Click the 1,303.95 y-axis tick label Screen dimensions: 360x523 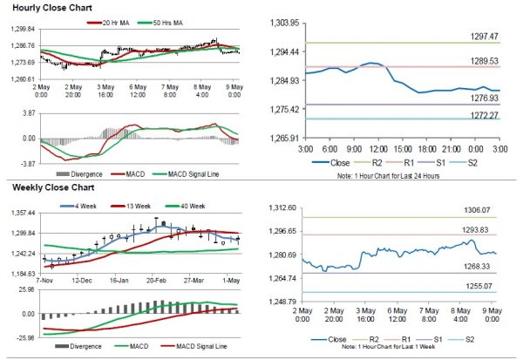(283, 22)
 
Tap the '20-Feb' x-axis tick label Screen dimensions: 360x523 (156, 282)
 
